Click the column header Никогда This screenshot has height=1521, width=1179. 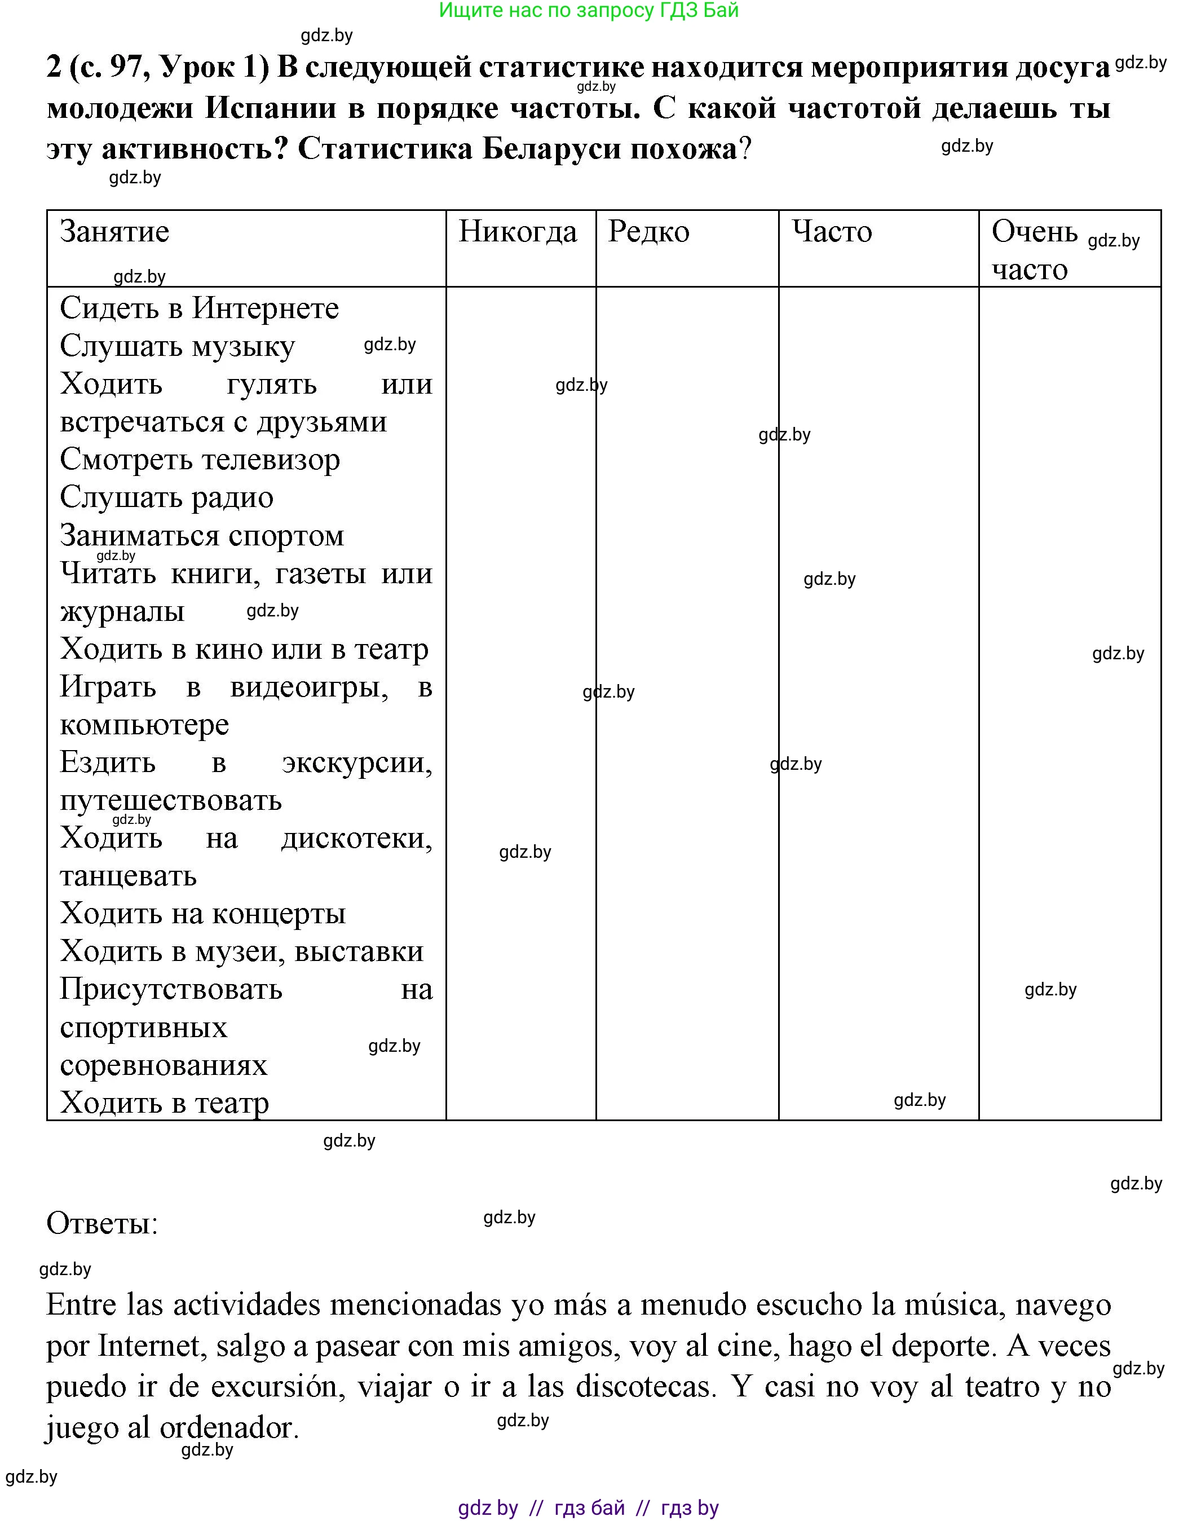[518, 232]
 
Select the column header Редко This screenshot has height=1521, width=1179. [648, 232]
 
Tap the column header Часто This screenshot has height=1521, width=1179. [832, 232]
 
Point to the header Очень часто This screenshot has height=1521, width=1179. [1034, 250]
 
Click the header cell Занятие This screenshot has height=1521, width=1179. [114, 232]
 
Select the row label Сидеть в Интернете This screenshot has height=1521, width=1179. [199, 308]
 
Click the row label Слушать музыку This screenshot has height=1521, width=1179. [177, 346]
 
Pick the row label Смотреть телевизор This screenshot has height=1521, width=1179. [200, 460]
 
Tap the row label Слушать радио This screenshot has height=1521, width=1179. [166, 497]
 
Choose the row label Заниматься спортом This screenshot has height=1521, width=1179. [202, 536]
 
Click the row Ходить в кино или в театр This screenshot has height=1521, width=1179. [244, 649]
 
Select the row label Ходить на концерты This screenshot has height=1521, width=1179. [202, 913]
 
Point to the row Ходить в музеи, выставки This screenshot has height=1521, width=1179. [242, 951]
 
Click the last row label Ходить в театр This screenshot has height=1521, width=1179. [164, 1103]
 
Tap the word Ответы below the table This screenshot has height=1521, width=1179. [101, 1223]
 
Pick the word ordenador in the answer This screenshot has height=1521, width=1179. [227, 1428]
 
